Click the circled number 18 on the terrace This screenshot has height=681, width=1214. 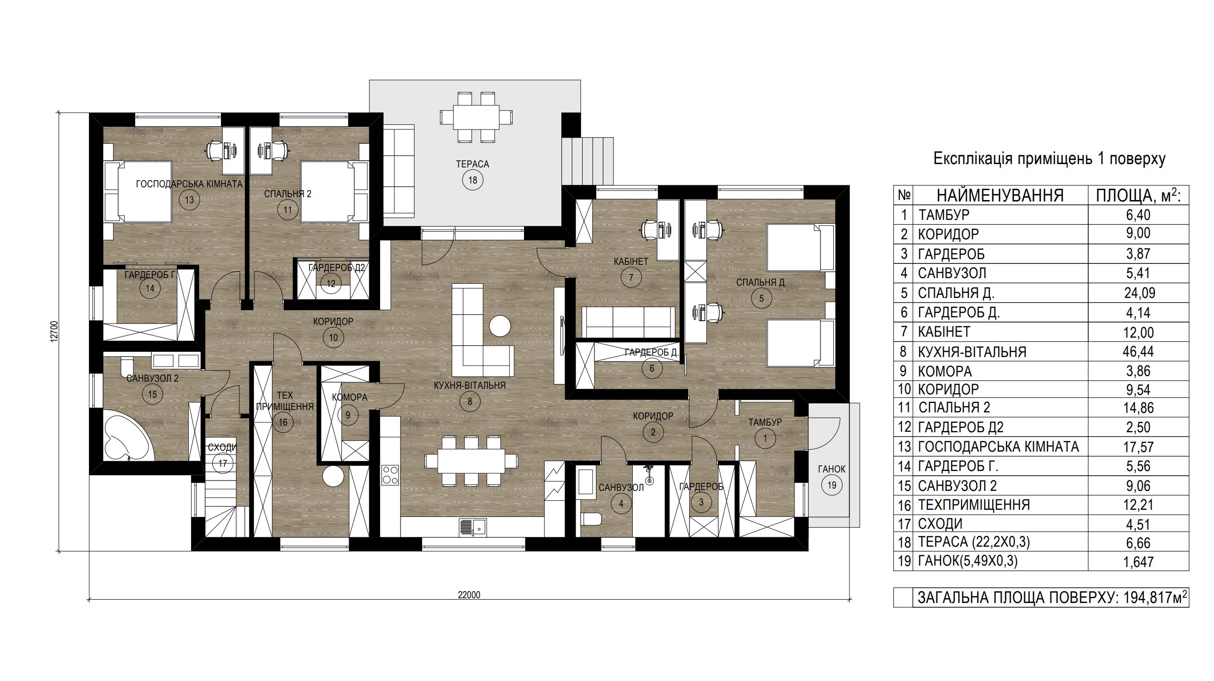[x=472, y=180]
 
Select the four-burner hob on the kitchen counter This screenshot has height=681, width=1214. [x=390, y=475]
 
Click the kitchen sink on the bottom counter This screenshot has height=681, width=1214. [x=472, y=527]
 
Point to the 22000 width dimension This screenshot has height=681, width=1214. [x=469, y=595]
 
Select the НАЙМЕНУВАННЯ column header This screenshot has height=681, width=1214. [x=1000, y=195]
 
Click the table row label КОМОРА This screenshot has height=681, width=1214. [x=945, y=371]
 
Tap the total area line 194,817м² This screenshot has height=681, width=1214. [x=1052, y=597]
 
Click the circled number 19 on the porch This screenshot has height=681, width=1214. [x=832, y=485]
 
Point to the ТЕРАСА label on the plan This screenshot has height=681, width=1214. [x=472, y=164]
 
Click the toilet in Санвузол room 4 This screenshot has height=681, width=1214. [x=591, y=519]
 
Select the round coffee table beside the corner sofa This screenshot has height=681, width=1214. [x=500, y=326]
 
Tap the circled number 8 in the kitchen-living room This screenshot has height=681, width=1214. [x=470, y=402]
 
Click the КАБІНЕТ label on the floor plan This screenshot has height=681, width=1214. [x=631, y=261]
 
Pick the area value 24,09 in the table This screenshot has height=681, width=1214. [x=1139, y=293]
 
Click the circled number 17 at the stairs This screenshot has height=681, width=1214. [x=223, y=463]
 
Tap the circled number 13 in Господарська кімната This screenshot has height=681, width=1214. [x=190, y=200]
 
